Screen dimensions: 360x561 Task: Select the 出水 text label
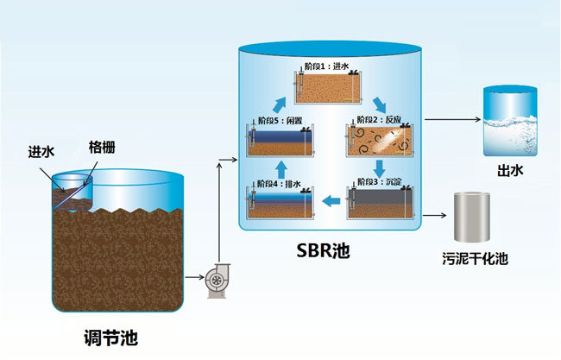pos(507,171)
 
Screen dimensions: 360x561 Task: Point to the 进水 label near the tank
pos(41,152)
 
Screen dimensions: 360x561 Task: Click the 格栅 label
pos(101,148)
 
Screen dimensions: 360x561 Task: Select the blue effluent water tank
pos(507,120)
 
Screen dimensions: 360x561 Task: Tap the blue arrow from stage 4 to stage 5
pos(280,167)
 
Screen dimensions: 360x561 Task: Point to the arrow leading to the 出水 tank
pos(453,121)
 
